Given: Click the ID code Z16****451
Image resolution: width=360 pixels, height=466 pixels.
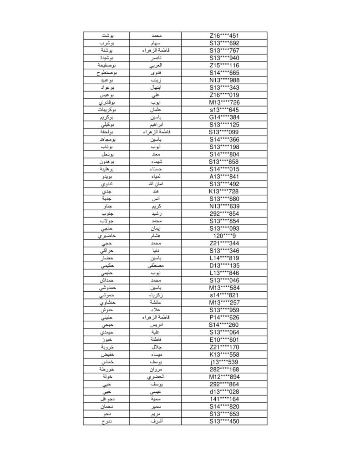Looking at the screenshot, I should [224, 35].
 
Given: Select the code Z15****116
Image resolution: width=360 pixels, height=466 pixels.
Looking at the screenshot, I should [224, 66].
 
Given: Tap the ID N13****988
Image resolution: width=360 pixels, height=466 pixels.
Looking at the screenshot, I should [224, 80].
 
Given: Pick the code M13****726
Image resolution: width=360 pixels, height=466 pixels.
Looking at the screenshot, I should [224, 102].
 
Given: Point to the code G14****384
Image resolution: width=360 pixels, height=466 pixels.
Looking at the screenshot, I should [224, 117].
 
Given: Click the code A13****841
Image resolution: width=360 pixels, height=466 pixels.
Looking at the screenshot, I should [224, 177].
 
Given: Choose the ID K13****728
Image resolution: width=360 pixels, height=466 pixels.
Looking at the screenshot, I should [224, 192].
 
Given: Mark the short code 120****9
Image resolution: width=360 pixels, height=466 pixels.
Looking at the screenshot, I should [224, 236].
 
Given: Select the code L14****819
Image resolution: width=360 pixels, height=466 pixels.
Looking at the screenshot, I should [224, 258].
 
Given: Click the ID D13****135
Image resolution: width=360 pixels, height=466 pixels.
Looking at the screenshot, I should [224, 266].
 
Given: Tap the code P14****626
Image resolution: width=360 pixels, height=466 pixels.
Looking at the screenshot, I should [224, 318].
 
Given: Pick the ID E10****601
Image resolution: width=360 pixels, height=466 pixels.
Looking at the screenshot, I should [224, 340].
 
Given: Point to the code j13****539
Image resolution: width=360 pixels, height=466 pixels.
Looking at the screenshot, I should [224, 362].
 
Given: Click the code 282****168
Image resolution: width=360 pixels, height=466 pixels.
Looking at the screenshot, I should [224, 370].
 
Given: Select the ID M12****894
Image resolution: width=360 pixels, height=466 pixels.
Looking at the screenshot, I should [224, 377].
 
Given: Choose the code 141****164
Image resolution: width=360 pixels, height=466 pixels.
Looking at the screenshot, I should [224, 399].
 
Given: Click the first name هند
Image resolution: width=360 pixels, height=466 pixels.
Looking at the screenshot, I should [156, 192].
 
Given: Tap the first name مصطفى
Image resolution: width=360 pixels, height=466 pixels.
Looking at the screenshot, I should [156, 266].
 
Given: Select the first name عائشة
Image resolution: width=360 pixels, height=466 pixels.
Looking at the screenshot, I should [156, 303].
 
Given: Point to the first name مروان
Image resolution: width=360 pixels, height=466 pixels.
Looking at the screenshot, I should [156, 370].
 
